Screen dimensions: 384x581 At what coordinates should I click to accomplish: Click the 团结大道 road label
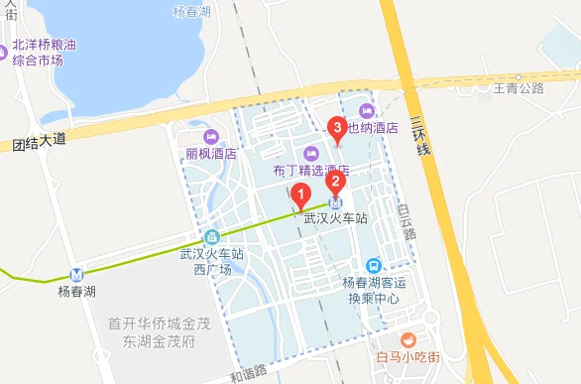(x=40, y=142)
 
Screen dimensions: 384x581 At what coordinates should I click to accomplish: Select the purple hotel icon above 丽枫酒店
(x=210, y=137)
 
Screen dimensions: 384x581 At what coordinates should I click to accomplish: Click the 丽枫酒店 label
(x=210, y=154)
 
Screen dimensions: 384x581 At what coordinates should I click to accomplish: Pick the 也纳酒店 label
(x=373, y=127)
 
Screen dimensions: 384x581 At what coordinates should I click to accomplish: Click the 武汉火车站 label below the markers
(x=335, y=218)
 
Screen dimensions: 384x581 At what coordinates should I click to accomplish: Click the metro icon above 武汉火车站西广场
(x=211, y=237)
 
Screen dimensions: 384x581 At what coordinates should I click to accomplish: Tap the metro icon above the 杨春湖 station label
(x=75, y=275)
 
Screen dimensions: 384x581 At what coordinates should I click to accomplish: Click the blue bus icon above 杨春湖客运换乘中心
(x=373, y=265)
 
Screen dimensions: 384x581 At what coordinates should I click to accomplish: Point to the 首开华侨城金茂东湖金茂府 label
(x=153, y=331)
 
